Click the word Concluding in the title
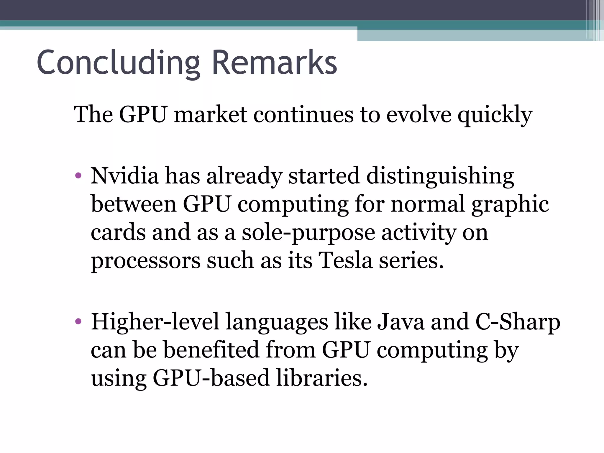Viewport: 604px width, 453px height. click(118, 63)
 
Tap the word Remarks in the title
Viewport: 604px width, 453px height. click(274, 63)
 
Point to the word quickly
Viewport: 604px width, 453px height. click(495, 115)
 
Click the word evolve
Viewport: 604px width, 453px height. click(418, 115)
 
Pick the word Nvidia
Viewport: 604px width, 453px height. click(124, 176)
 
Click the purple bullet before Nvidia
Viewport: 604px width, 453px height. click(78, 176)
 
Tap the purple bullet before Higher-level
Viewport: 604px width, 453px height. click(78, 321)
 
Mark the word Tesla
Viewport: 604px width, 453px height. click(345, 261)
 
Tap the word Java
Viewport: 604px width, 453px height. click(401, 322)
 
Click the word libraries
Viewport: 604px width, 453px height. click(322, 378)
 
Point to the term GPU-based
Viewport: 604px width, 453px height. click(211, 378)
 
